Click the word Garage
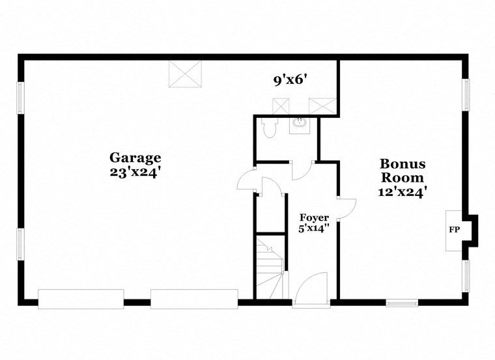tap(135, 158)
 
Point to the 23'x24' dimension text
tap(135, 173)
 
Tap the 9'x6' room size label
tap(290, 80)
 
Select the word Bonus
tap(403, 163)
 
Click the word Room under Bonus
tap(403, 177)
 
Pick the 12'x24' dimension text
tap(403, 192)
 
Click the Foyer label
tap(314, 217)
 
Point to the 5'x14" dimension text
tap(314, 228)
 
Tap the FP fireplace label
tap(453, 230)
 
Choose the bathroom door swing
tap(301, 171)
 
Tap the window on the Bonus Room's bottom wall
tap(401, 303)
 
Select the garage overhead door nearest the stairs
tap(193, 299)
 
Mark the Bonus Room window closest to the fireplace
tap(466, 276)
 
